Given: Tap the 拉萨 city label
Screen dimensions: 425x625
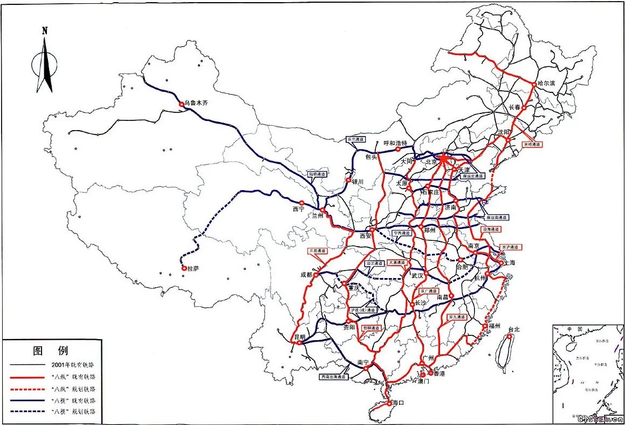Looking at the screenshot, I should click(x=193, y=268).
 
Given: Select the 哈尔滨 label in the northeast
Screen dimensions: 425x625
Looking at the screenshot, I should click(x=551, y=84).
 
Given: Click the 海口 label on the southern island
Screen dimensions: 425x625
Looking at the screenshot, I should click(x=399, y=403).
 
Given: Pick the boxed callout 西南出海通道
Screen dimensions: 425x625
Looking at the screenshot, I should click(x=335, y=377).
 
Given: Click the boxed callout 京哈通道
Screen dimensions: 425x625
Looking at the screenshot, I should click(x=531, y=145).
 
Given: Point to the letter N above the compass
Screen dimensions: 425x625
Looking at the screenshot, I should click(x=45, y=31).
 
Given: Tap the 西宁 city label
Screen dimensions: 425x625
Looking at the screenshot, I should click(x=299, y=208).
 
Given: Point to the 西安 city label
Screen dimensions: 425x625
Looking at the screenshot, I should click(x=366, y=235).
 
